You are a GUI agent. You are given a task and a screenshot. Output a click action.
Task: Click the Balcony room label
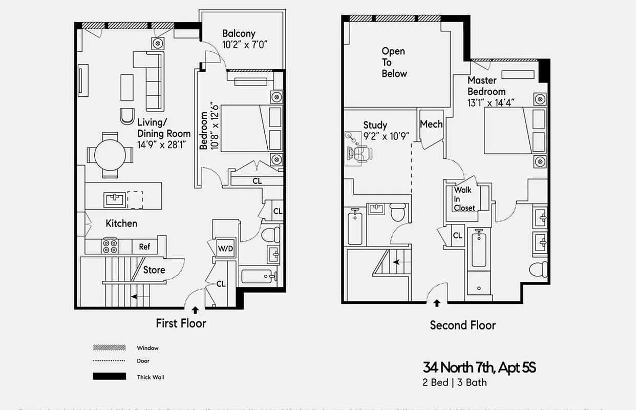click(239, 34)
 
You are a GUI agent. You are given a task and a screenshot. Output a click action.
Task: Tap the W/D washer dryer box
click(225, 249)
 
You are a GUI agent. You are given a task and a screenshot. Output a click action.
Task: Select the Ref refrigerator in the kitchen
click(145, 247)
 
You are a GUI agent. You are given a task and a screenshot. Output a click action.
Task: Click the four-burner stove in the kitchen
click(110, 247)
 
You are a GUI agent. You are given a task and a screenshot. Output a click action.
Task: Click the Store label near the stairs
click(154, 270)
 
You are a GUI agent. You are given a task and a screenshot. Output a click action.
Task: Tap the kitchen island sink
click(114, 199)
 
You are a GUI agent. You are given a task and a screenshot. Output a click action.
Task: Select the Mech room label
click(431, 124)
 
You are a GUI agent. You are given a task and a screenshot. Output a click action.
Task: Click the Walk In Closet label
click(464, 199)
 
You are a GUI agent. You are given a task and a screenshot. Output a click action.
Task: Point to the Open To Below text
click(394, 63)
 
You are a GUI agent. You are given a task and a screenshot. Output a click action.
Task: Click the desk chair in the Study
click(360, 152)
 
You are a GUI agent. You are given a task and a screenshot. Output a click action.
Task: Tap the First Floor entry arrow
click(195, 310)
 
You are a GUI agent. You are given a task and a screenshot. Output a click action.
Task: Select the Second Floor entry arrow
click(436, 303)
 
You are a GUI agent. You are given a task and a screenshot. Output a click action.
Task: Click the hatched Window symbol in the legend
click(109, 347)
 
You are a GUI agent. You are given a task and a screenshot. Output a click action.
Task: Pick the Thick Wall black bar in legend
click(109, 377)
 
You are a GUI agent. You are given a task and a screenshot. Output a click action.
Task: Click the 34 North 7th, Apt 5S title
click(479, 367)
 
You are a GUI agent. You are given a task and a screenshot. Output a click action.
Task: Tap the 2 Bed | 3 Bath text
click(455, 382)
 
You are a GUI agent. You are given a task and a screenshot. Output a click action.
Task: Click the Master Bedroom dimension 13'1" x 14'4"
click(491, 102)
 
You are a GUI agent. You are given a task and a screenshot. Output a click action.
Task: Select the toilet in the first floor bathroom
click(270, 235)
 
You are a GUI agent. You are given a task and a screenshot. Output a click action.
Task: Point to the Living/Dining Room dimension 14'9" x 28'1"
click(164, 145)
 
